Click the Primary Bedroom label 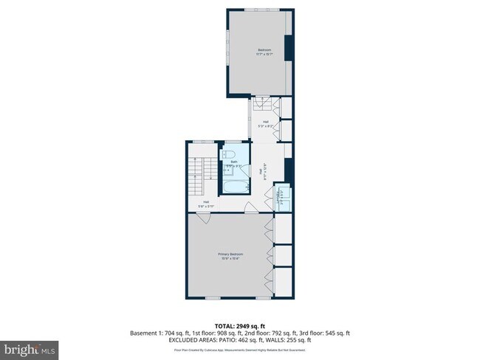point(230,255)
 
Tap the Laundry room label point(279,197)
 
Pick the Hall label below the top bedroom point(265,123)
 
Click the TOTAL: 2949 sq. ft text point(239,325)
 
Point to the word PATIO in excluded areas point(244,339)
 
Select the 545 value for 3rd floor point(331,333)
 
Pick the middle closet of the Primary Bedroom point(284,255)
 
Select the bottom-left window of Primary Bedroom point(213,297)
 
